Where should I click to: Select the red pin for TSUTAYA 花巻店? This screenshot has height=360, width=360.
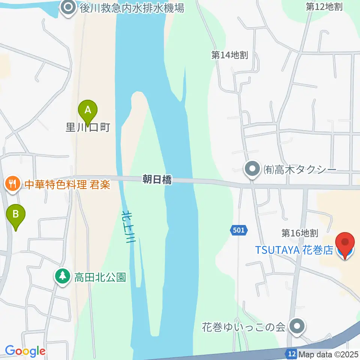click(x=345, y=244)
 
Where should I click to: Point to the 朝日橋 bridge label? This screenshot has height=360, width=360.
click(x=157, y=180)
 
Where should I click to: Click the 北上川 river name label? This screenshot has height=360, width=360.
click(x=128, y=227)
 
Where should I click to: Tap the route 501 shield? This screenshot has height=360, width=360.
click(x=238, y=230)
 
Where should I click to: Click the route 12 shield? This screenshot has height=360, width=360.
click(x=291, y=353)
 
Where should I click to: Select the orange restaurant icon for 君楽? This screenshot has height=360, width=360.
click(x=12, y=184)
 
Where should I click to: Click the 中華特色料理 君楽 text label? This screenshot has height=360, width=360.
click(x=67, y=184)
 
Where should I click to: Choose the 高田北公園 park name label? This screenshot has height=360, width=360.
click(x=100, y=277)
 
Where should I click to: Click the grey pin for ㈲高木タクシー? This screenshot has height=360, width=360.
click(x=253, y=169)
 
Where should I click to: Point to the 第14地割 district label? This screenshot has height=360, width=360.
click(x=229, y=55)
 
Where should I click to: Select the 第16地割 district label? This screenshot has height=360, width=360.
click(x=300, y=233)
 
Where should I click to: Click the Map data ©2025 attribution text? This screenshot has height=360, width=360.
click(x=328, y=354)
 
